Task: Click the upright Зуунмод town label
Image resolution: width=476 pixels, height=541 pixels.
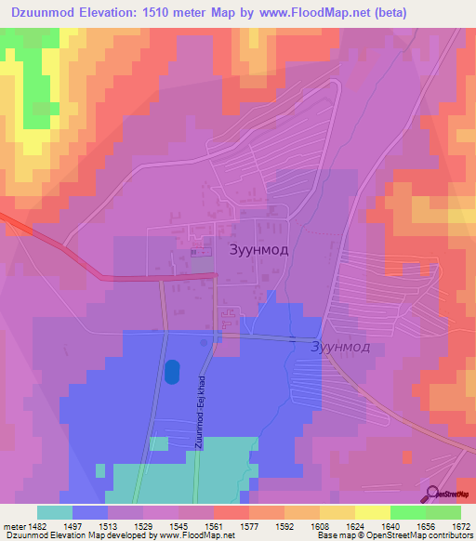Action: pyautogui.click(x=259, y=249)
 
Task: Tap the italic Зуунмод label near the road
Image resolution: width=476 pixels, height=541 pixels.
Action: pyautogui.click(x=339, y=347)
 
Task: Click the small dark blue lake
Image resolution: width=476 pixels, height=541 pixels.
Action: pyautogui.click(x=171, y=372)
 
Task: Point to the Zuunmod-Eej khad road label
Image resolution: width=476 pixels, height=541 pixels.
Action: pyautogui.click(x=200, y=412)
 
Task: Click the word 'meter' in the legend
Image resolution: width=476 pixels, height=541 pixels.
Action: pyautogui.click(x=14, y=525)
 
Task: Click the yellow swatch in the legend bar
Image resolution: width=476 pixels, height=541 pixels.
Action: pyautogui.click(x=372, y=512)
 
